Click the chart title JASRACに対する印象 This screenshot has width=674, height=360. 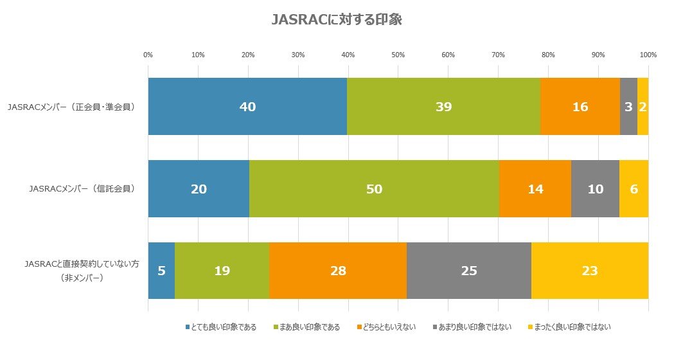(x=337, y=21)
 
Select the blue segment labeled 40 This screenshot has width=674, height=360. (x=247, y=107)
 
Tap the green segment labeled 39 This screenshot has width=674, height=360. (x=443, y=107)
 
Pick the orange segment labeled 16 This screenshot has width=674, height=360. (x=580, y=107)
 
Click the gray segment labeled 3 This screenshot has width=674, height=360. (x=628, y=107)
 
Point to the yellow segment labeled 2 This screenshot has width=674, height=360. (x=643, y=107)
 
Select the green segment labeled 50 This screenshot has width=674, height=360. (x=374, y=189)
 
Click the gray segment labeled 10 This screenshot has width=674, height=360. (x=595, y=189)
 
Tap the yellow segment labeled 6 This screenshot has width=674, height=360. (x=634, y=189)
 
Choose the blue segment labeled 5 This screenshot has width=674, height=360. (x=161, y=271)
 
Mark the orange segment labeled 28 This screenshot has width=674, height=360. (x=337, y=271)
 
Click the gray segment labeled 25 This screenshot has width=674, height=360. (x=469, y=271)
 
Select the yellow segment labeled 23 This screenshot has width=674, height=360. (x=590, y=271)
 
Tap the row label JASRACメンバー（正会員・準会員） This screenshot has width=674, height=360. (x=71, y=107)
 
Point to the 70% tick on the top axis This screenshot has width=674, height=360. (x=498, y=55)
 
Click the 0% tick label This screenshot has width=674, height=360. (x=148, y=55)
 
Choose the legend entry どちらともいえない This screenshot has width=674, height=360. (x=386, y=327)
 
